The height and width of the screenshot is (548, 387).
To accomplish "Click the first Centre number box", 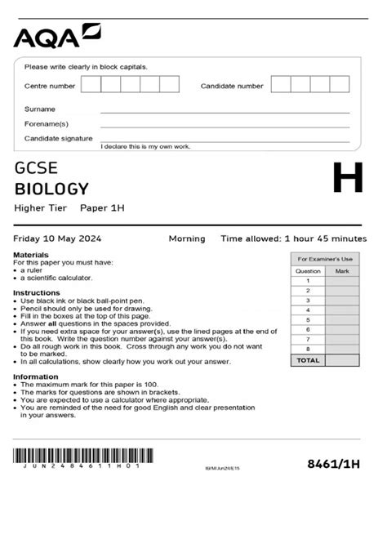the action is tap(91, 84).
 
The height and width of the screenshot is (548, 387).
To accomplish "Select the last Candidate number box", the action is tap(340, 84).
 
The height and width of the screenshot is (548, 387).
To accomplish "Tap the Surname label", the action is tap(40, 109).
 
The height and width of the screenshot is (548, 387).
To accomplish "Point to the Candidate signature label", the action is tap(59, 138).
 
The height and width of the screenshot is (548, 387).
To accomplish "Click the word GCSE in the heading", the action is tap(36, 169).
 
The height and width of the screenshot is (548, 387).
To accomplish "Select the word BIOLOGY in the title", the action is tap(51, 189).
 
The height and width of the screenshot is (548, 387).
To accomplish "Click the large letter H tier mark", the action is tap(348, 178).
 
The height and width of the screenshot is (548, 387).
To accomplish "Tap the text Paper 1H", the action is tap(102, 208).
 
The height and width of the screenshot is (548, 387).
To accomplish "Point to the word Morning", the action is tap(187, 238).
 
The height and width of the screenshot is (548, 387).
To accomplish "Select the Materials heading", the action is tap(31, 255).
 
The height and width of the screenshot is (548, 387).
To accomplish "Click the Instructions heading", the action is tap(37, 292).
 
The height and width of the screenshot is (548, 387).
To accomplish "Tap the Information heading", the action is tap(36, 376).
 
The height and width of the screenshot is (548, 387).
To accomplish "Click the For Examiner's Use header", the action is tap(325, 258).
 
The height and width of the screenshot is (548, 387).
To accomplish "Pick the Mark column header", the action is tap(342, 270).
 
